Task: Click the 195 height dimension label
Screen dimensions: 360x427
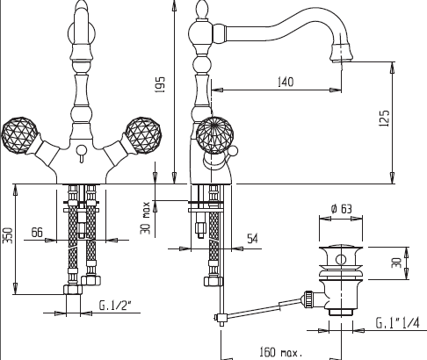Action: click(x=160, y=87)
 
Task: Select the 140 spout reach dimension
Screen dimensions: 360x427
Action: click(x=284, y=82)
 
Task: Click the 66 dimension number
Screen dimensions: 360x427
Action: click(x=37, y=231)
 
